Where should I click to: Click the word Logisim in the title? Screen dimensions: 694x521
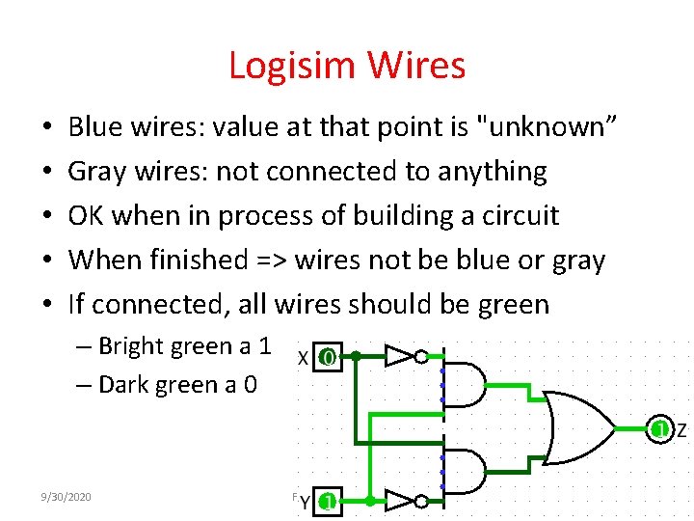tap(290, 66)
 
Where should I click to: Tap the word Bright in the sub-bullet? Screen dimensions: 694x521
tap(132, 345)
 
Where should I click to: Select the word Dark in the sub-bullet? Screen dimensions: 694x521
tap(123, 384)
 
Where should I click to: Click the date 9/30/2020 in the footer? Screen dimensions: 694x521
tap(67, 496)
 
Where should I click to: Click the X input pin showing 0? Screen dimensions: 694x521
tap(328, 357)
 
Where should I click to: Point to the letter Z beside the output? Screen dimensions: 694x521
tap(681, 429)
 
